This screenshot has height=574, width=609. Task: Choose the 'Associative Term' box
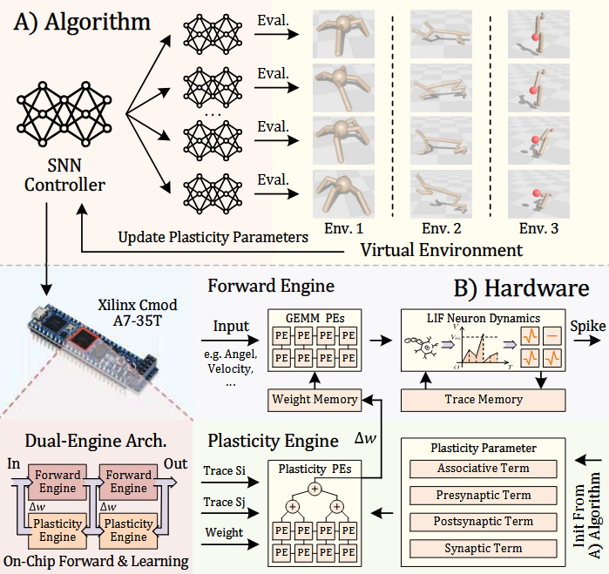(x=484, y=469)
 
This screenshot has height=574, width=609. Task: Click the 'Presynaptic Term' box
(x=484, y=495)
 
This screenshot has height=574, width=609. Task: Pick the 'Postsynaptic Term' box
(x=484, y=521)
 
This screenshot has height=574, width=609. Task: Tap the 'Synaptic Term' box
(x=484, y=548)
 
